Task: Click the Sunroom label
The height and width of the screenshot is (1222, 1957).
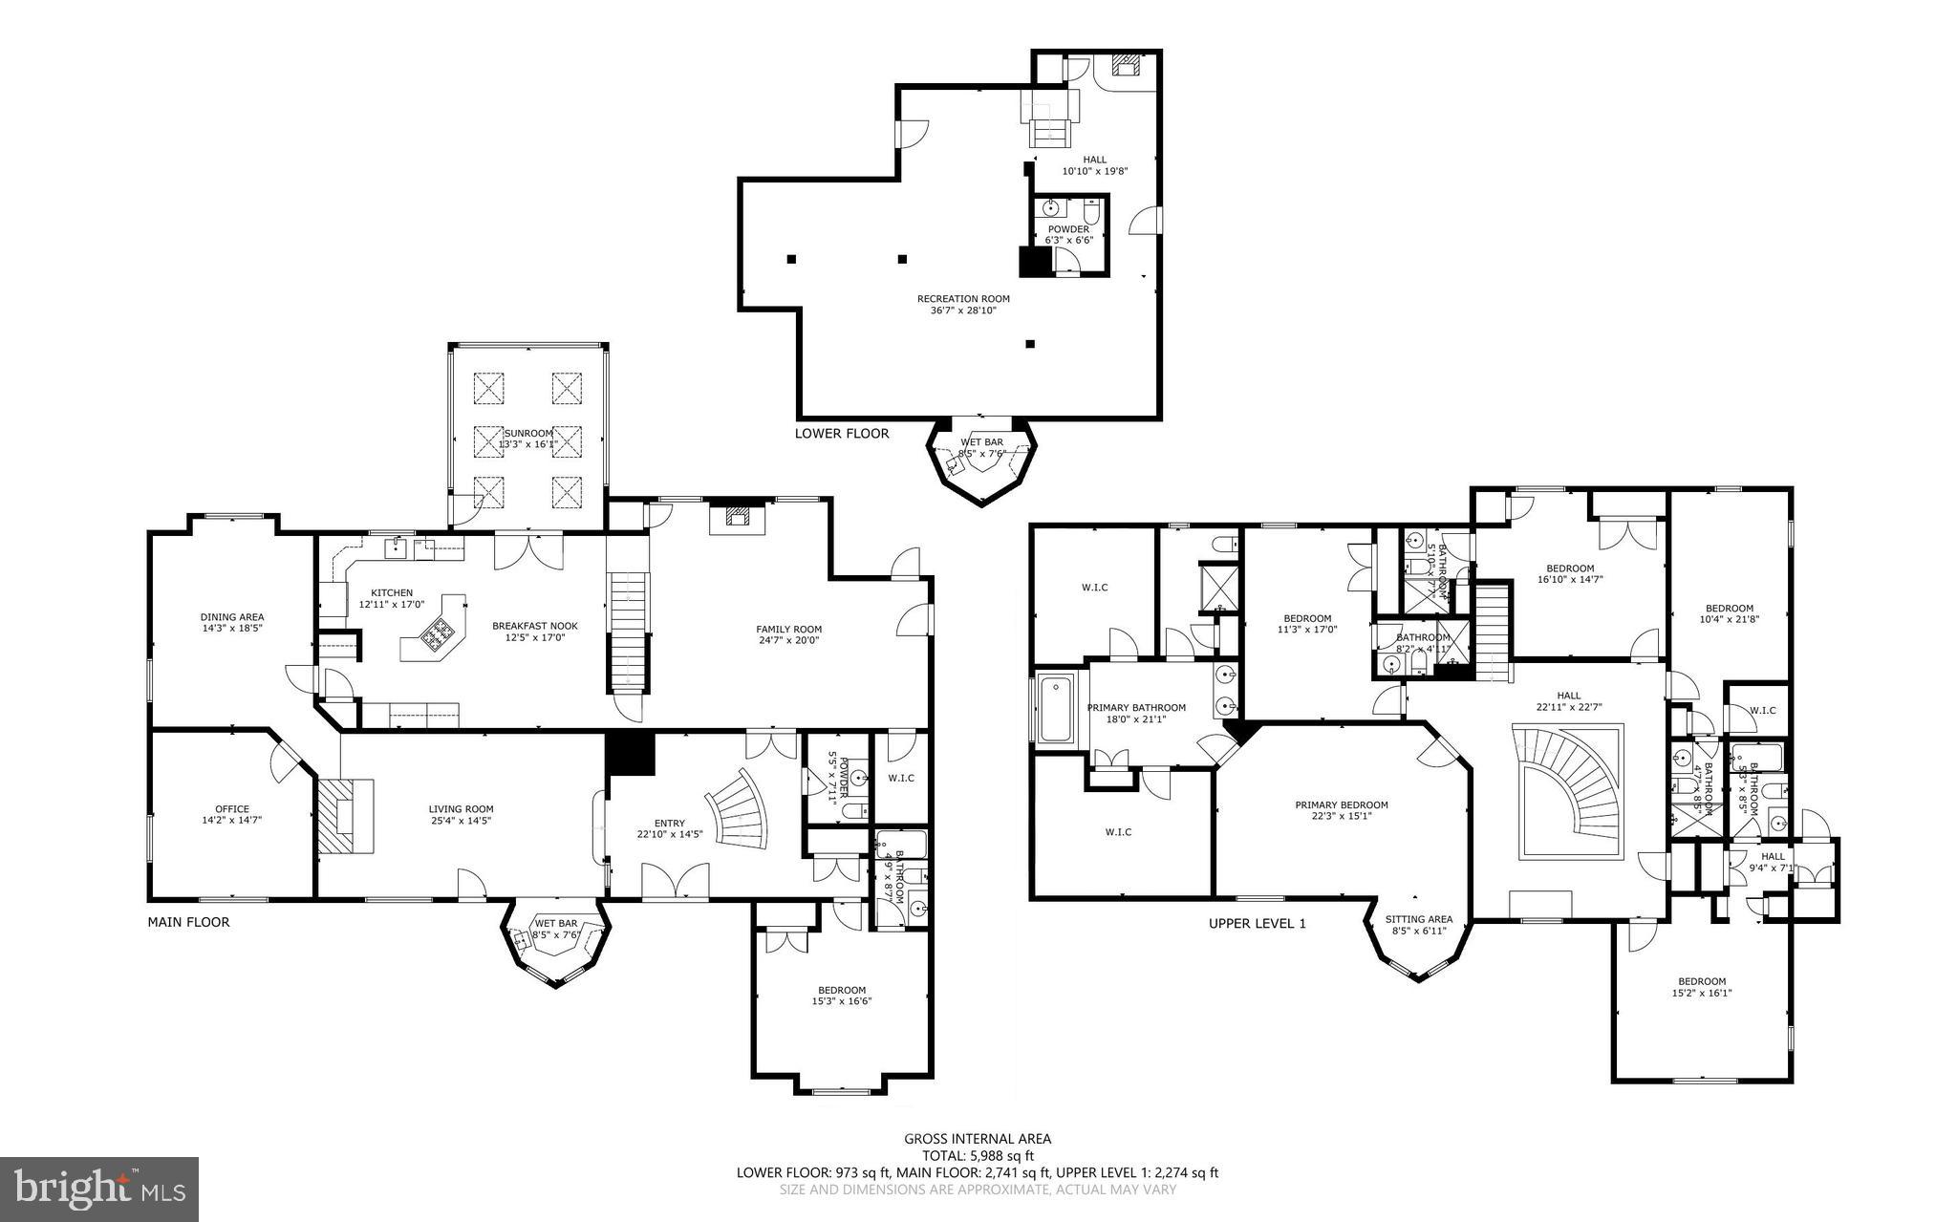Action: tap(527, 433)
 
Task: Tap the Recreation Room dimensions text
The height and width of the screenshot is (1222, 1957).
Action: tap(963, 311)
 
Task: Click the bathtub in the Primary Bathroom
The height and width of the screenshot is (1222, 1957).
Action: tap(1056, 709)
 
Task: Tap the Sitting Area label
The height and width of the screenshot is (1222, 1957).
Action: tap(1419, 919)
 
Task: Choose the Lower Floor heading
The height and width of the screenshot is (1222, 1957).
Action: tap(842, 433)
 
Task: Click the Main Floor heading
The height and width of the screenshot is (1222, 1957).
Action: tap(188, 922)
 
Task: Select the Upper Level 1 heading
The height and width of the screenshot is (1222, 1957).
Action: tap(1257, 923)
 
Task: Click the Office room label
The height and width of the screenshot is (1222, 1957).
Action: tap(231, 809)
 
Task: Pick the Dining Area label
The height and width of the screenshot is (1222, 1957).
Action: tap(232, 616)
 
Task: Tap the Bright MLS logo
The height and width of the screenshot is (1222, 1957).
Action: tap(99, 1189)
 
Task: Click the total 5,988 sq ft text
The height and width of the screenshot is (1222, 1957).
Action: tap(978, 1155)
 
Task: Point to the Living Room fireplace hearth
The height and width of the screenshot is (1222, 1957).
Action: tap(334, 815)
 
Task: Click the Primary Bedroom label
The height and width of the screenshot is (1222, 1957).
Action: tap(1342, 804)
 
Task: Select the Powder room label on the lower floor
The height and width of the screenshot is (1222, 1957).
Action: tap(1068, 229)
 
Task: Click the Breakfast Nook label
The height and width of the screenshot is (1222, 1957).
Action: tap(535, 626)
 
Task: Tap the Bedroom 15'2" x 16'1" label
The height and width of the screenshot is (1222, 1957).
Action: tap(1702, 981)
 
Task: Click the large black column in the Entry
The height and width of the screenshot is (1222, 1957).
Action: tap(630, 753)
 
